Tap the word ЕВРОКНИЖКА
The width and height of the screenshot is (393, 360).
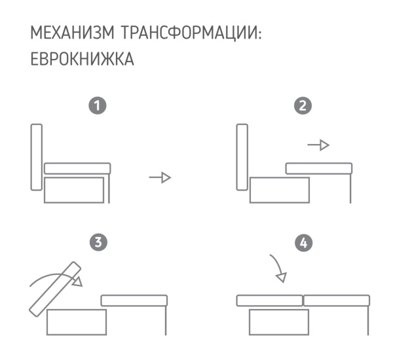83,60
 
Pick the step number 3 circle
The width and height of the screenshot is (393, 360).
97,243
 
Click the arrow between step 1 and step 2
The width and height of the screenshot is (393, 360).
160,177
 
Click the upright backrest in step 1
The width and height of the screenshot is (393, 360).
37,157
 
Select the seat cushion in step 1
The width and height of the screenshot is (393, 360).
77,168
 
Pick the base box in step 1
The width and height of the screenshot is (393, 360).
73,189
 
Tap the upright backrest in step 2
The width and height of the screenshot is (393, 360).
242,157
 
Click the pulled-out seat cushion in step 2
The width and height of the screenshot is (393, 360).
319,168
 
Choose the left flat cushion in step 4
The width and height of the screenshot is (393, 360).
269,301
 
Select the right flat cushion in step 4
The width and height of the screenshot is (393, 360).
337,301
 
